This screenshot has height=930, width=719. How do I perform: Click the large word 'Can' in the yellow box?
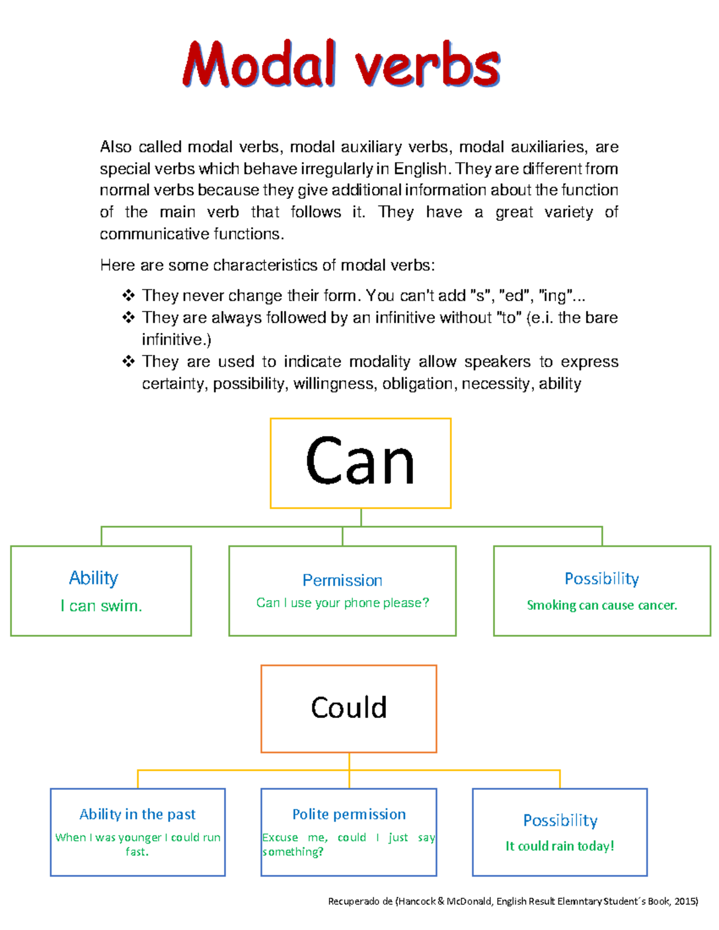coord(360,461)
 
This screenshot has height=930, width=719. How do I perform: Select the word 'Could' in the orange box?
coord(349,708)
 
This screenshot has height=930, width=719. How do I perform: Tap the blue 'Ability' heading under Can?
coord(93,578)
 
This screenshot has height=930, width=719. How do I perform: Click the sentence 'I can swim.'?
coord(101,606)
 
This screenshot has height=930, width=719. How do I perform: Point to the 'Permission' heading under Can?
coord(342,580)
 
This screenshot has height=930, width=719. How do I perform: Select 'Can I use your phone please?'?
coord(342,603)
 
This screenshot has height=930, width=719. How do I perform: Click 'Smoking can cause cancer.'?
coord(602,605)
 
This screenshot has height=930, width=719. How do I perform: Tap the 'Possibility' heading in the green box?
coord(602,578)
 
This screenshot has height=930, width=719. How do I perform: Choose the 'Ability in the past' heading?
coord(137,814)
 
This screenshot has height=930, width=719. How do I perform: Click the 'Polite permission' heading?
coord(349,814)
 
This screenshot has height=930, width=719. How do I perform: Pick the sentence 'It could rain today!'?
coord(560,846)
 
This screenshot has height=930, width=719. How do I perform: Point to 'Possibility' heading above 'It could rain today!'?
coord(560,820)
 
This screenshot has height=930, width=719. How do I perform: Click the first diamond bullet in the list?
coord(128,295)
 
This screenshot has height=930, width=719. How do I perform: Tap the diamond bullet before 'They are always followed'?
coord(128,317)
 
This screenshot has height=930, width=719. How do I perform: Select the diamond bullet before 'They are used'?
coord(128,362)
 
